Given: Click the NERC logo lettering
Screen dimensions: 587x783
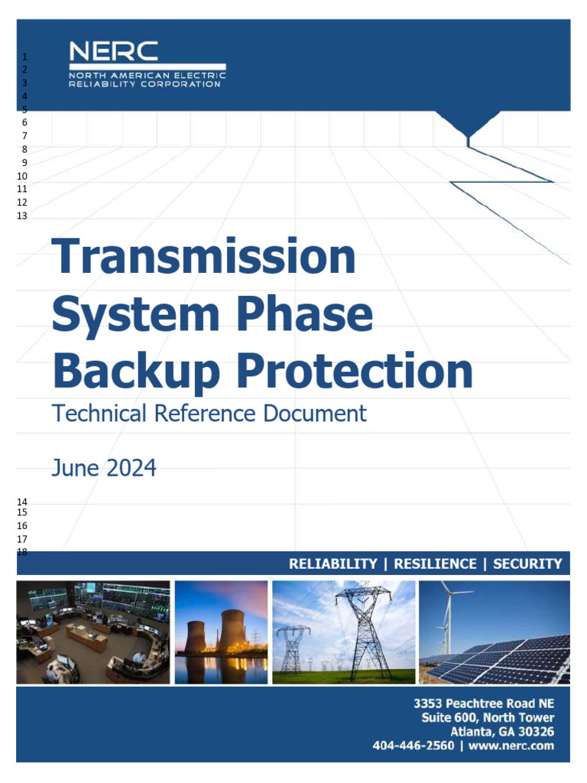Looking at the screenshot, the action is (x=113, y=51).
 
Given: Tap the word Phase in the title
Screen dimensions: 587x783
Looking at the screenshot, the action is (x=304, y=314).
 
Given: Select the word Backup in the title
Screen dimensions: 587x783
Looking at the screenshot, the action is (x=136, y=372).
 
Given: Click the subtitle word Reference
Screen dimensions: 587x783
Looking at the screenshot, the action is (x=205, y=414).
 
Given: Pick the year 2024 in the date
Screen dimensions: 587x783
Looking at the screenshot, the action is (x=131, y=468).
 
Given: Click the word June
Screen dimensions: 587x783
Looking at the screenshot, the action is (x=76, y=468).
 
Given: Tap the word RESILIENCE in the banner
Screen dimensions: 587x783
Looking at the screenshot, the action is (x=435, y=564).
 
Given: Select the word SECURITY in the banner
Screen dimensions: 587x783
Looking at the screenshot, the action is (x=527, y=564).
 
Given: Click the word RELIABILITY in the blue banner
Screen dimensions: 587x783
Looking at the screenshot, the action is (x=333, y=564).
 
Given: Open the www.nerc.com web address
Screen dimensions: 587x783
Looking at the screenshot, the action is (x=511, y=746).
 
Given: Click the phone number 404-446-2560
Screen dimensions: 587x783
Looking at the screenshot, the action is (x=413, y=746).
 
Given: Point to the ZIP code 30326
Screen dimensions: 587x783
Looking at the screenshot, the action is (x=536, y=732).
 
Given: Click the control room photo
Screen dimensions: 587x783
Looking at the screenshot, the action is (x=93, y=632).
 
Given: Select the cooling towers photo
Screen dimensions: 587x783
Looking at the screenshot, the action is (x=221, y=632).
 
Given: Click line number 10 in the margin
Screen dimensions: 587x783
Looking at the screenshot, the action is (x=22, y=177).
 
